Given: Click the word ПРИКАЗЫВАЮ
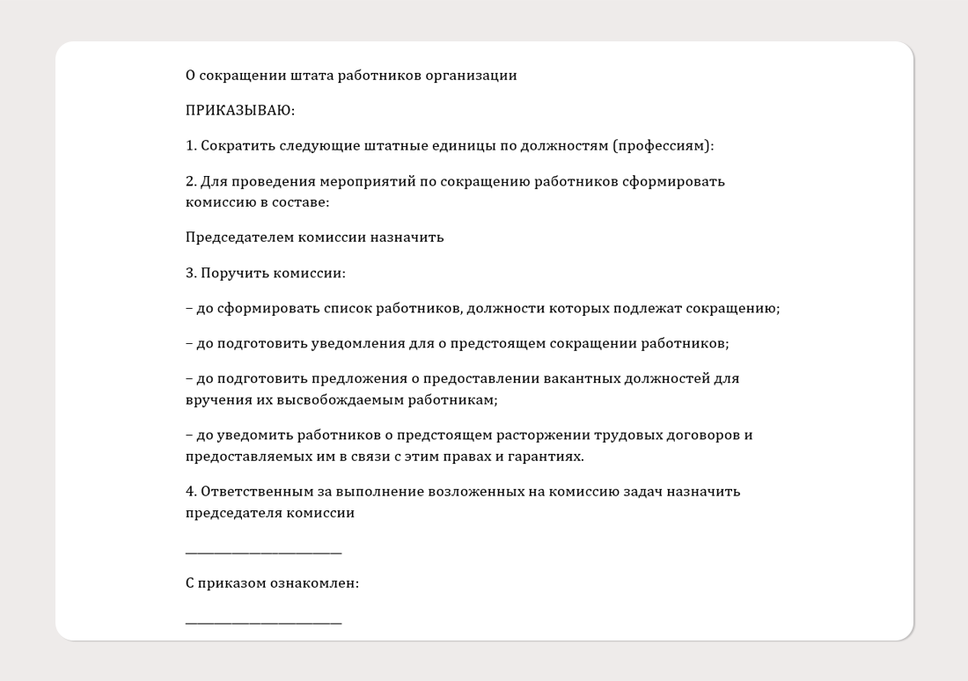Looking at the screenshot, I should (x=239, y=111).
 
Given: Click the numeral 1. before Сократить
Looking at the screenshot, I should (x=191, y=146).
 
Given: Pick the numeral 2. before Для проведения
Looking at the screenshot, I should (x=191, y=181).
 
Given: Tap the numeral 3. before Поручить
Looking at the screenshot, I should (x=191, y=273).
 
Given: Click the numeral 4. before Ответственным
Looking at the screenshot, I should (x=191, y=492).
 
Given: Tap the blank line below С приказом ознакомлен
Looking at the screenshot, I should (x=263, y=622).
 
